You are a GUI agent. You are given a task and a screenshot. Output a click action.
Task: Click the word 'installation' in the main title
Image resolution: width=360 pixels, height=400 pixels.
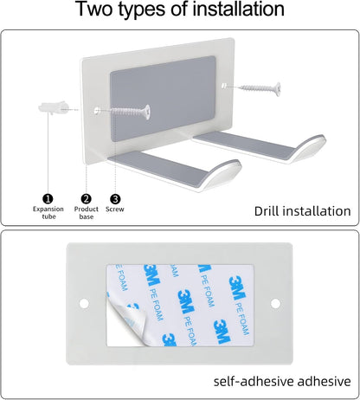pyautogui.click(x=238, y=9)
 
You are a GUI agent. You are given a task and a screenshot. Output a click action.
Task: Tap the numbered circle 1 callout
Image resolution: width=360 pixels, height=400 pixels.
pyautogui.click(x=48, y=199)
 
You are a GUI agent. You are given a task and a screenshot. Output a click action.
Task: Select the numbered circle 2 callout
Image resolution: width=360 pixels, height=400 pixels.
pyautogui.click(x=86, y=199)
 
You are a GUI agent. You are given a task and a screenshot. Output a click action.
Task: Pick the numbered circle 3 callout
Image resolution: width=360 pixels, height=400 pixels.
pyautogui.click(x=115, y=199)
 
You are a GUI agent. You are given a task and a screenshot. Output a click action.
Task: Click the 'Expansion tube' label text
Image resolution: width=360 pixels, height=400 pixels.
pyautogui.click(x=48, y=213)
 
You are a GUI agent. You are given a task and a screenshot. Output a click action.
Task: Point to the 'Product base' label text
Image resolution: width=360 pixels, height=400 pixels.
pyautogui.click(x=87, y=213)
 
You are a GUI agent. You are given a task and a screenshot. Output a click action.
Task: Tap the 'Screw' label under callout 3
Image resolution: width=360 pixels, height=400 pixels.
pyautogui.click(x=115, y=209)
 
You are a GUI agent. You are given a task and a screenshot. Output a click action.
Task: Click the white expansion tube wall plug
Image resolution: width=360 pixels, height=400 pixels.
pyautogui.click(x=53, y=107)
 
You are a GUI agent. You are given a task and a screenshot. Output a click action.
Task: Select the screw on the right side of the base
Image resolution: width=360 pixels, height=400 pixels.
pyautogui.click(x=260, y=88)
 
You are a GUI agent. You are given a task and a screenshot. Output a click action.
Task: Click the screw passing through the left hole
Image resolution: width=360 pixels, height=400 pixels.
pyautogui.click(x=130, y=111)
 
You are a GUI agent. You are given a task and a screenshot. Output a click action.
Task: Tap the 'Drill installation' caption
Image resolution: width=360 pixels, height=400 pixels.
pyautogui.click(x=303, y=211)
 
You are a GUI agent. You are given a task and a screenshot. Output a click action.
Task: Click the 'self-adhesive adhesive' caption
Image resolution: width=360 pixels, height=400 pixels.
pyautogui.click(x=282, y=381)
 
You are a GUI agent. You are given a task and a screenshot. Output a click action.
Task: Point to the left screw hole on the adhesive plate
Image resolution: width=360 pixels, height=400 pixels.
pyautogui.click(x=84, y=303)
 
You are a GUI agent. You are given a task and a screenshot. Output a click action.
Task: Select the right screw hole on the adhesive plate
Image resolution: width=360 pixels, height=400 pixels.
pyautogui.click(x=275, y=303)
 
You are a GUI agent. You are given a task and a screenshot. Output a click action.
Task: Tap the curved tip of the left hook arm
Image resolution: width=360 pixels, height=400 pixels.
pyautogui.click(x=225, y=172)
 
